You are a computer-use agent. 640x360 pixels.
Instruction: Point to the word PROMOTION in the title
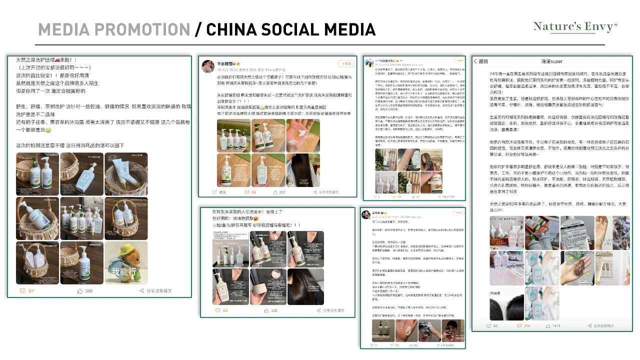[x=135, y=29]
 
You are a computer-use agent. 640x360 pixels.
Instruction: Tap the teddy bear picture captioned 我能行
[x=126, y=263]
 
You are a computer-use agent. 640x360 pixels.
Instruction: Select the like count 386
[x=86, y=290]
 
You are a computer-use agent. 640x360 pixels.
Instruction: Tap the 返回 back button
[x=480, y=61]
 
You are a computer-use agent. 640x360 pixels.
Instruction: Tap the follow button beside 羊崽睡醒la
[x=346, y=64]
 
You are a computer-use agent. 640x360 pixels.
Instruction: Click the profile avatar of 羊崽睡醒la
[x=207, y=66]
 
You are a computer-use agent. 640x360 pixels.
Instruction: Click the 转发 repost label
[x=220, y=192]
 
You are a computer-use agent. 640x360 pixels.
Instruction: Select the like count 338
[x=270, y=310]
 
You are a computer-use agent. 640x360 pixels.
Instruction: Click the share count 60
[x=492, y=326]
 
